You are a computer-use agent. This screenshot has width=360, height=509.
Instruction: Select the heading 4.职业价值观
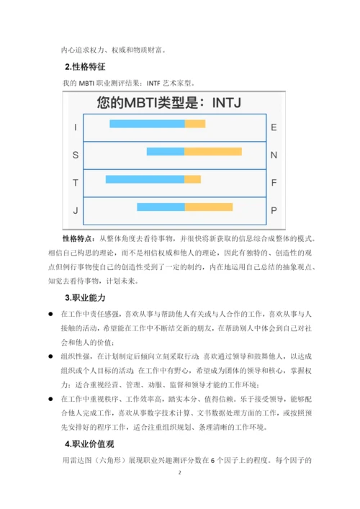pos(89,444)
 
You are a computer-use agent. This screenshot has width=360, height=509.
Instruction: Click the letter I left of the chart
pos(75,127)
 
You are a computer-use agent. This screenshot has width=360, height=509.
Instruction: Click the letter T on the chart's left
pos(75,182)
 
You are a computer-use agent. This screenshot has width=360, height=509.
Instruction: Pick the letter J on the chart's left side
pos(75,210)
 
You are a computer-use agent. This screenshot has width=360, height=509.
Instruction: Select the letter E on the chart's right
pos(274,127)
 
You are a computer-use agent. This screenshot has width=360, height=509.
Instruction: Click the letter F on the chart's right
pos(274,182)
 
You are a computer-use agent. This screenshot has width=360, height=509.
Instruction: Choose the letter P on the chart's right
pos(274,210)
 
